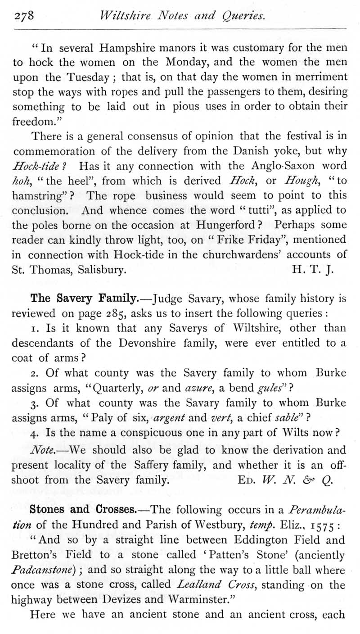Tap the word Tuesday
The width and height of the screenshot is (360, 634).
point(87,77)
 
